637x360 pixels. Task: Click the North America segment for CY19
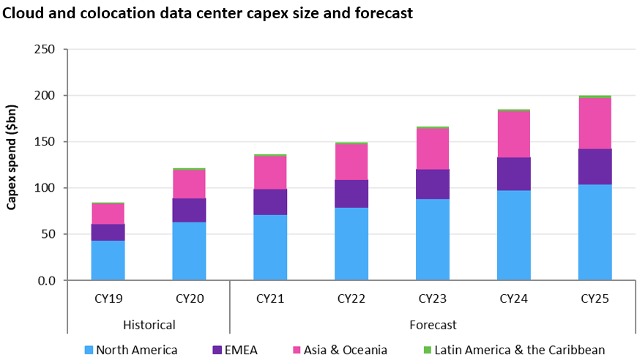(108, 260)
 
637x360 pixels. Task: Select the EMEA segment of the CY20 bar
(189, 210)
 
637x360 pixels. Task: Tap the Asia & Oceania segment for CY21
(270, 172)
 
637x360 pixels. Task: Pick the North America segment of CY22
(351, 244)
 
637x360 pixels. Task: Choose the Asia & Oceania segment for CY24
(514, 134)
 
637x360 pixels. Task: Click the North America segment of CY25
(595, 232)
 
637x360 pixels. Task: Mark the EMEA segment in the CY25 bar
(595, 167)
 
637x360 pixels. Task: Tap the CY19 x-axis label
(108, 299)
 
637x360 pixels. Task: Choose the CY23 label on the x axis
(433, 299)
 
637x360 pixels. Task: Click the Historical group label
(149, 324)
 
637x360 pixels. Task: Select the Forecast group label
(432, 324)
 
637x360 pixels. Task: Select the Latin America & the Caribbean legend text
(519, 350)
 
